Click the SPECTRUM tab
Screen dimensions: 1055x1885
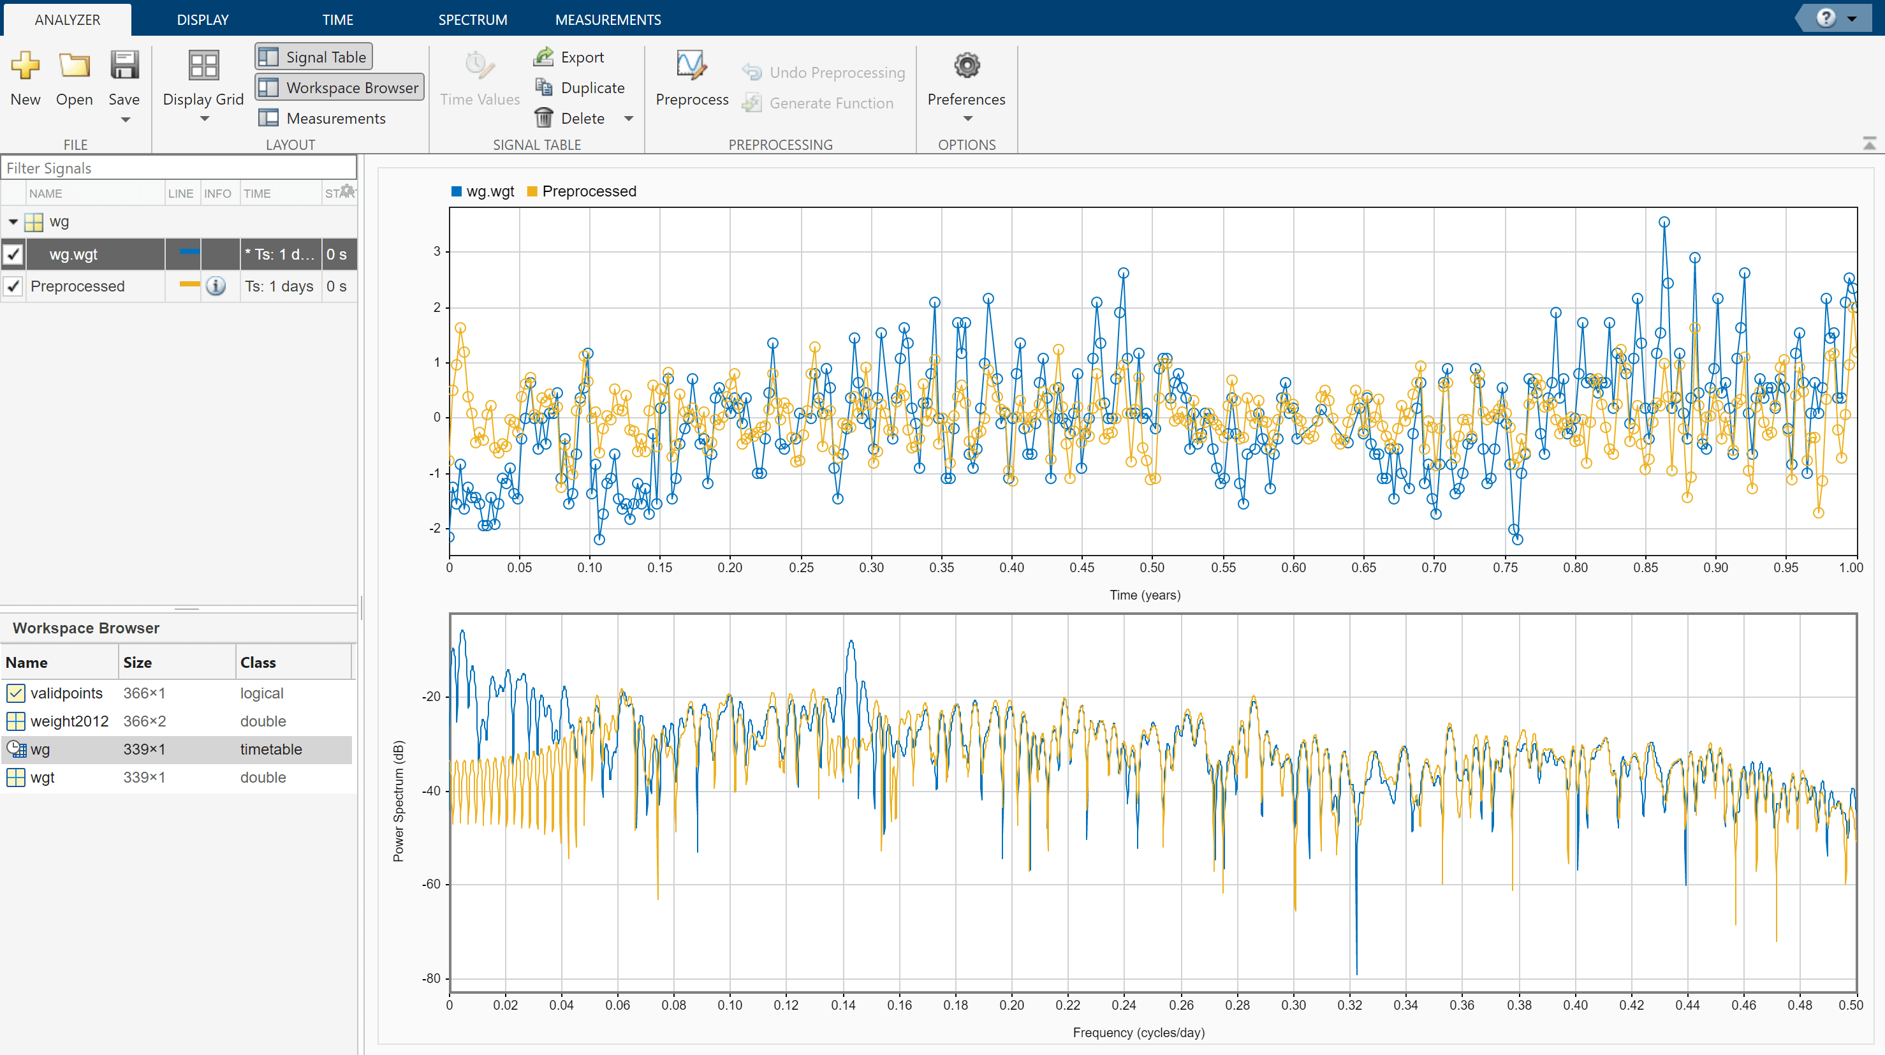pyautogui.click(x=472, y=20)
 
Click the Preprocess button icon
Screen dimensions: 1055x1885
pyautogui.click(x=691, y=66)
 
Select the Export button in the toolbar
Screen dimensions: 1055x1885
pyautogui.click(x=570, y=57)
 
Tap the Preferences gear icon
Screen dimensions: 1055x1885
pyautogui.click(x=966, y=66)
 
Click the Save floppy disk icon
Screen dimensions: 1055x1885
pyautogui.click(x=124, y=66)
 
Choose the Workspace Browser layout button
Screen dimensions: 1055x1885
pyautogui.click(x=339, y=88)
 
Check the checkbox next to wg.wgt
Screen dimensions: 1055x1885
pyautogui.click(x=14, y=255)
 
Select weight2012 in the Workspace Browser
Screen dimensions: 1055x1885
pyautogui.click(x=69, y=721)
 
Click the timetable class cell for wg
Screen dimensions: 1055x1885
pyautogui.click(x=271, y=749)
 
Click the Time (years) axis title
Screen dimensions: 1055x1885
pyautogui.click(x=1145, y=595)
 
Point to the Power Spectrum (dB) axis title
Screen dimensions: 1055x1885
pyautogui.click(x=399, y=801)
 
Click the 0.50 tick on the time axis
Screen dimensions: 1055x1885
pyautogui.click(x=1152, y=568)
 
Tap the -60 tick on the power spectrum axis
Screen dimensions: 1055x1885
pyautogui.click(x=431, y=885)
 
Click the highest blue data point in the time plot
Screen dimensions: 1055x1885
pyautogui.click(x=1664, y=222)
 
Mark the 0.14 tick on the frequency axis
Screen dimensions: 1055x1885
pyautogui.click(x=843, y=1005)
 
